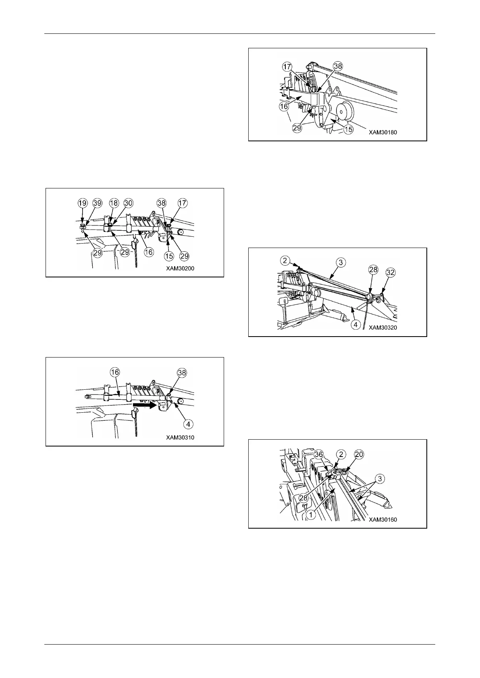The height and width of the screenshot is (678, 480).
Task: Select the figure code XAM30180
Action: tap(382, 132)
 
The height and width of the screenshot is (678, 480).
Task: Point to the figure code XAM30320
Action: tap(382, 328)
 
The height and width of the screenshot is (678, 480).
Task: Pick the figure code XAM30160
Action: tap(382, 520)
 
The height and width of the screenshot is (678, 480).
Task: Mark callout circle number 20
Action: tap(359, 455)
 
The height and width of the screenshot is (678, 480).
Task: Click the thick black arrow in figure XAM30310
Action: tap(145, 406)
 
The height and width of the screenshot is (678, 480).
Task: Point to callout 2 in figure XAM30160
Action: tap(341, 455)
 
